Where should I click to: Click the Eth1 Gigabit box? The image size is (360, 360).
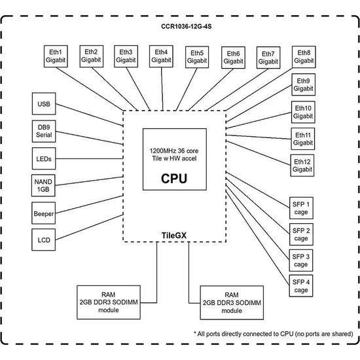(56, 56)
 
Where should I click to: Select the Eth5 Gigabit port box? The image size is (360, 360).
(197, 57)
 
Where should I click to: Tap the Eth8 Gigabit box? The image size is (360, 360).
(304, 57)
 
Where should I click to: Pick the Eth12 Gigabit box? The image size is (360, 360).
(302, 166)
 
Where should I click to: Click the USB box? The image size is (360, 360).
(44, 103)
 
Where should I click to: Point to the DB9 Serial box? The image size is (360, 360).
(44, 131)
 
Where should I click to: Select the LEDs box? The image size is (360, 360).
(44, 158)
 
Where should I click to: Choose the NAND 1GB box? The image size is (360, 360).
(43, 185)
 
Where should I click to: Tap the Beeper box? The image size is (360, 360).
(43, 213)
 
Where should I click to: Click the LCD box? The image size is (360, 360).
(43, 240)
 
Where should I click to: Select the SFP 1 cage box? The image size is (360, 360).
(301, 208)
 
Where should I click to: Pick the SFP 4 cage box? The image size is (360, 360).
(301, 285)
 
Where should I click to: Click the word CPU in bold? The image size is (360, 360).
(174, 179)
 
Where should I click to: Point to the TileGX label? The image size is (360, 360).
(174, 236)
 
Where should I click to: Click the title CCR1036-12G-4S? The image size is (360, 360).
(186, 26)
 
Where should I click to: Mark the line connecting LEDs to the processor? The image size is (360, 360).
(89, 158)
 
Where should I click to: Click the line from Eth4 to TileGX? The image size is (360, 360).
(162, 89)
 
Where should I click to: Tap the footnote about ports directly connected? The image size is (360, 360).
(273, 334)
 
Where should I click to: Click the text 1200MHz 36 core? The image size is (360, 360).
(174, 151)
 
